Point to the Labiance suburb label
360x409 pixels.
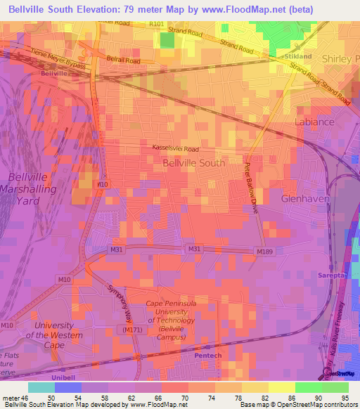[x=313, y=122]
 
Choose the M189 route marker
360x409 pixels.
[x=265, y=252]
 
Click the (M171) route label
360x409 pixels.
[x=132, y=330]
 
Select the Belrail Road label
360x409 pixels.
[x=123, y=61]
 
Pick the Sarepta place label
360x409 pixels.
[x=332, y=275]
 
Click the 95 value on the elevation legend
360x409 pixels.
[x=345, y=398]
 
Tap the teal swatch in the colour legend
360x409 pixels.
[x=41, y=387]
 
